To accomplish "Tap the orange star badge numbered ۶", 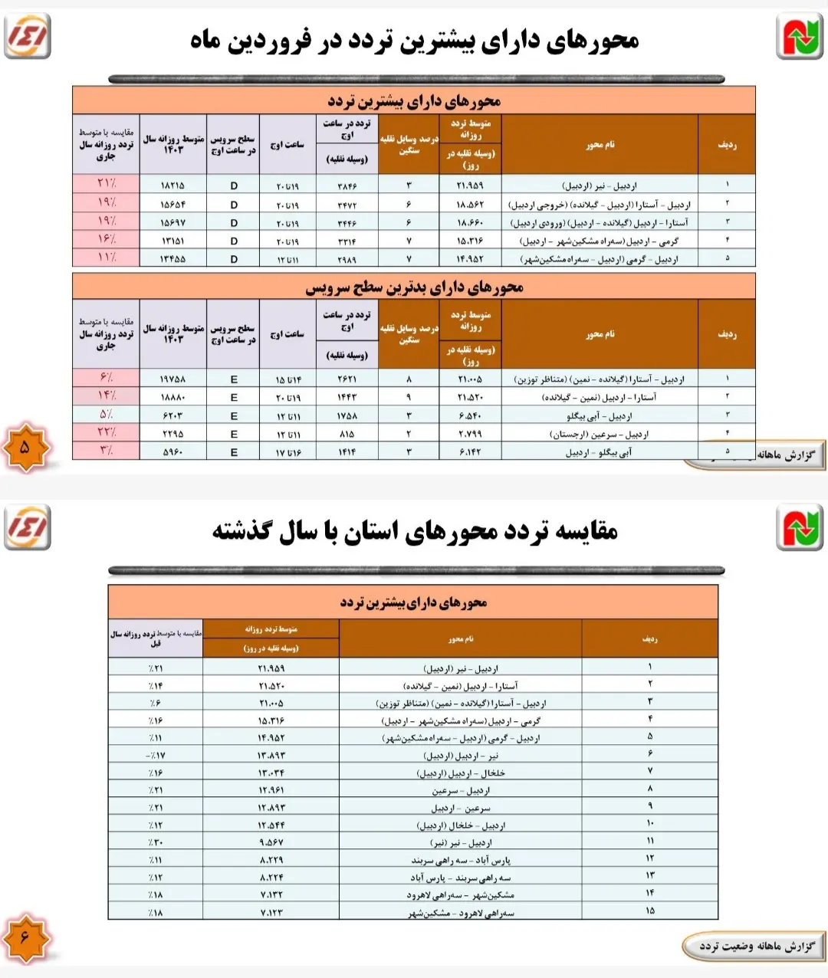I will (x=25, y=937).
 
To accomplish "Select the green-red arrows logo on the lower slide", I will (x=799, y=528).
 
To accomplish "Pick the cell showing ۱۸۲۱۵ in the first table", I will (x=172, y=185).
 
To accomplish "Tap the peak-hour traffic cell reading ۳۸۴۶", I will (x=347, y=185).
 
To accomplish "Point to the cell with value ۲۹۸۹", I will (x=347, y=259).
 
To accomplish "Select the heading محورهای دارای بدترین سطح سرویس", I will (x=414, y=287).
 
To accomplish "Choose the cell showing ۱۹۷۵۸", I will (x=172, y=379).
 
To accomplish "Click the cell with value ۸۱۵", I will (x=347, y=434).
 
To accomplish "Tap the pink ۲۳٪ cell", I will (x=106, y=433).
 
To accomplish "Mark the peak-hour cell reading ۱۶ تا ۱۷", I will (x=287, y=452).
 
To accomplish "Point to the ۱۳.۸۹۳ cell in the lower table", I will (x=271, y=755).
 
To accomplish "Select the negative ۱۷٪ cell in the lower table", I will (x=155, y=755).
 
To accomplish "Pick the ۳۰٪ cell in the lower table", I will (x=155, y=842).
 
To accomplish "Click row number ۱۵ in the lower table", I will (x=650, y=911).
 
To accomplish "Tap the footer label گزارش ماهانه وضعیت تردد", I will (x=756, y=947).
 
